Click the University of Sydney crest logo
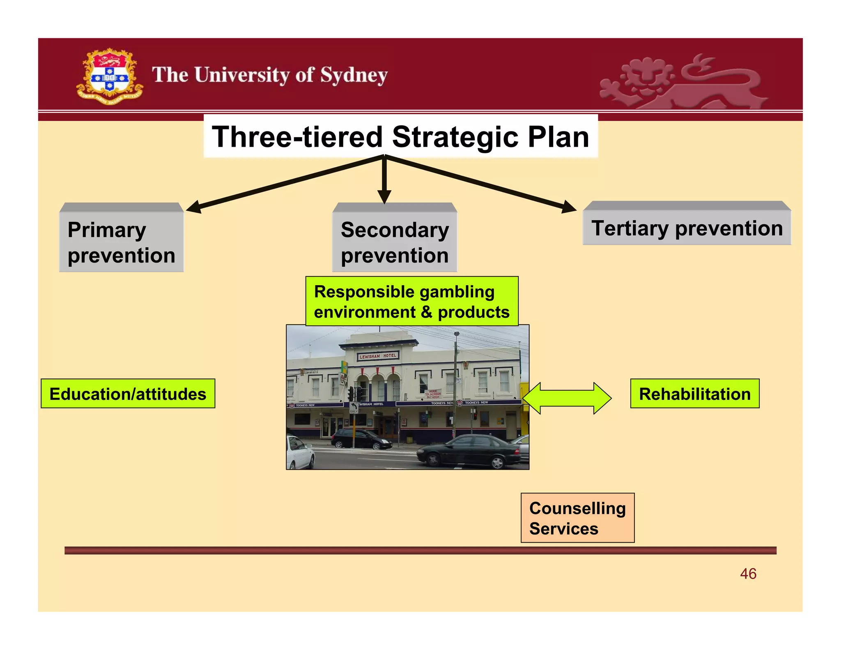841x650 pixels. coord(109,76)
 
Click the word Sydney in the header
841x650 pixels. coord(354,76)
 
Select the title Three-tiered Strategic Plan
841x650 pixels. coord(400,137)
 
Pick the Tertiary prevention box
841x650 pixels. coord(687,228)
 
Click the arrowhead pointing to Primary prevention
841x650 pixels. coord(194,207)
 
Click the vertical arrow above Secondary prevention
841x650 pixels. coord(384,181)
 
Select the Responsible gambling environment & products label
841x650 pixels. coord(411,302)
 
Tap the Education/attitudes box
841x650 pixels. coord(128,394)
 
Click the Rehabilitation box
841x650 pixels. coord(694,394)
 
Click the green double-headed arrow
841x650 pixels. coord(567,398)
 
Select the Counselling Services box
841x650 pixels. coord(577,518)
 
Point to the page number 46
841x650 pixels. coord(748,574)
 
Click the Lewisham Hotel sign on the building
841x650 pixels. coord(378,356)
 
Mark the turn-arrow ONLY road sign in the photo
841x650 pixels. coord(354,408)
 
